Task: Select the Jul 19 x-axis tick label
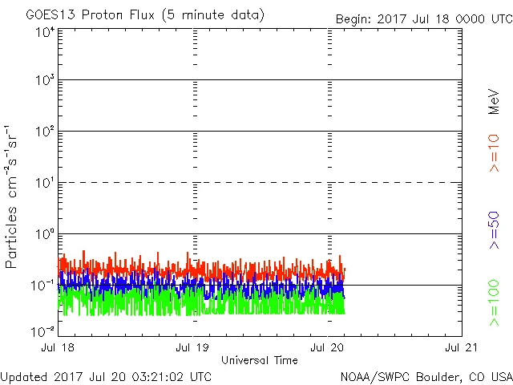(x=193, y=347)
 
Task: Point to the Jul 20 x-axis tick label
(x=328, y=347)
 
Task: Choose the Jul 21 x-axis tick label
(x=461, y=347)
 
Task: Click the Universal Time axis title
(x=259, y=360)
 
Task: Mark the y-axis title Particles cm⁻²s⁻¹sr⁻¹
(x=12, y=197)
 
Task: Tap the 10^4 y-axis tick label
(x=45, y=32)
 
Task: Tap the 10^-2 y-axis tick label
(x=43, y=330)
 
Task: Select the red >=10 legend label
(x=495, y=153)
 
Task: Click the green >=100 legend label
(x=495, y=303)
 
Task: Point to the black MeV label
(x=495, y=102)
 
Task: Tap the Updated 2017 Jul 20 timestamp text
(x=106, y=376)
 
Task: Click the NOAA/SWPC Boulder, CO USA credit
(x=426, y=376)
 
